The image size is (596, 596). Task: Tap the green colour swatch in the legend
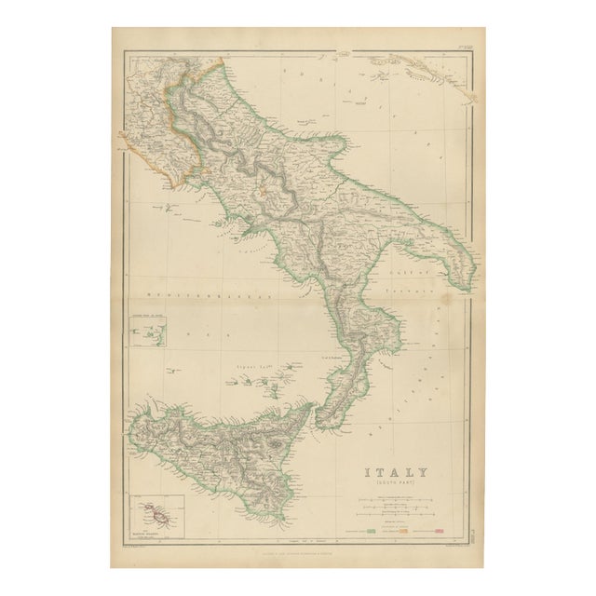pyautogui.click(x=372, y=530)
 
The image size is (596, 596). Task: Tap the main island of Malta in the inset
pyautogui.click(x=155, y=515)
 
